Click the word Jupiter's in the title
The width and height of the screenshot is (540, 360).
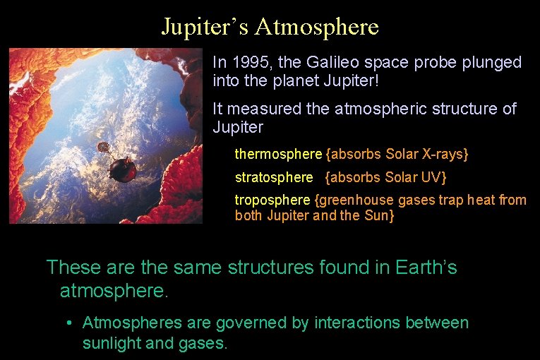point(205,27)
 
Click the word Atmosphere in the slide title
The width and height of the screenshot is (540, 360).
point(317,27)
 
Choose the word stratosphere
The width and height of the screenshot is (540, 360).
point(274,177)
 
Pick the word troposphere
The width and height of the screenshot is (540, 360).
point(272,200)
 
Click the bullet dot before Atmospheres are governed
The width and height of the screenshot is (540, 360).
point(69,323)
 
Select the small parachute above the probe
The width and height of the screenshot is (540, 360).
point(103,148)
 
